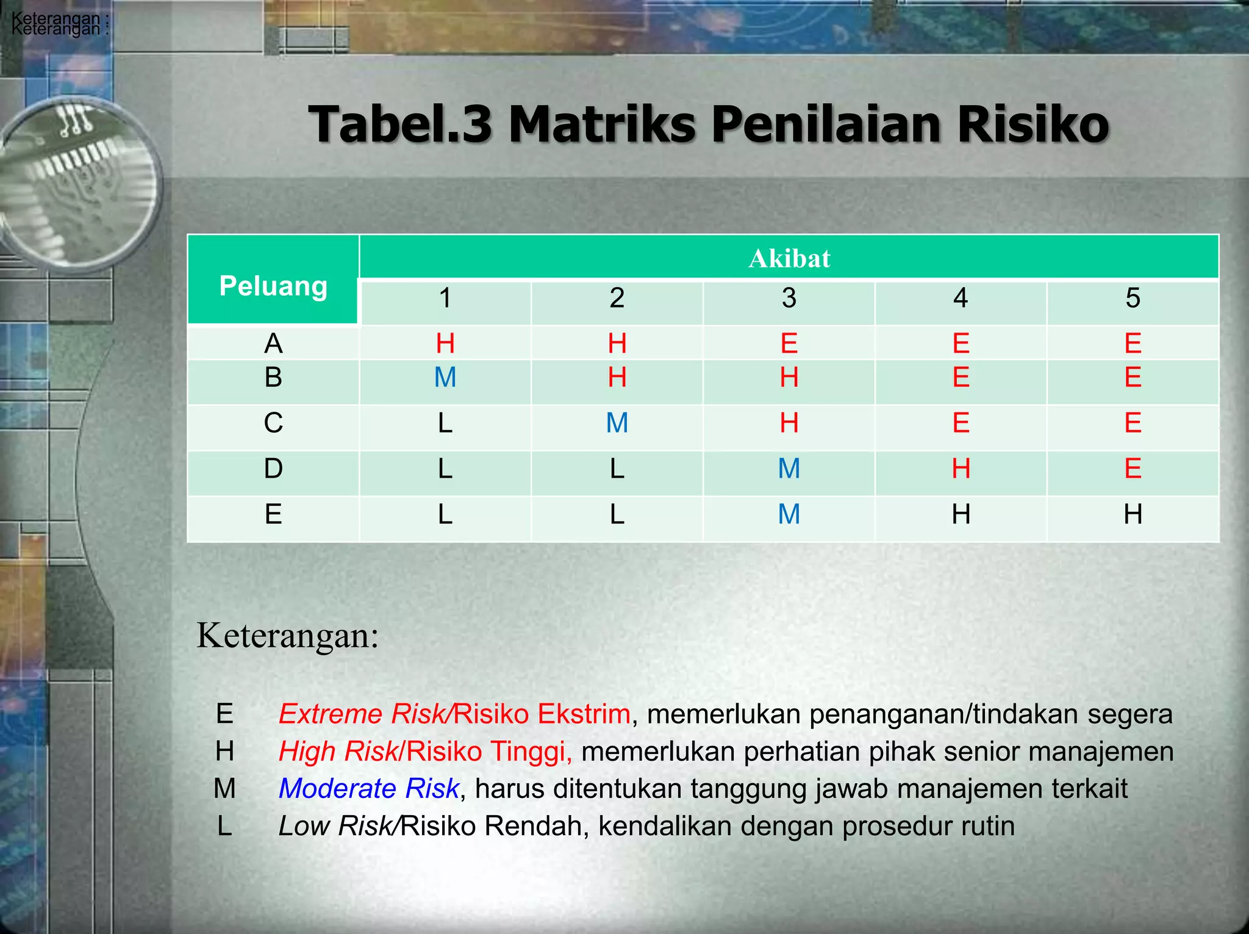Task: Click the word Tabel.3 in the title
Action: [399, 124]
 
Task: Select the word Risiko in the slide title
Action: [1032, 124]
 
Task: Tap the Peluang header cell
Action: [273, 286]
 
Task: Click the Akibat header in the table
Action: [789, 258]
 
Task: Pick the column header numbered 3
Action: [789, 298]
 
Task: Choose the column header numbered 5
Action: [1133, 298]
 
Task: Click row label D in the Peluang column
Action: [273, 469]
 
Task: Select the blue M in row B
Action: [445, 378]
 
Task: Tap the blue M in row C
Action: [617, 423]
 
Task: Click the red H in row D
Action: [961, 469]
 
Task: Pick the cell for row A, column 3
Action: [789, 343]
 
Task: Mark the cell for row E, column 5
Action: [1133, 514]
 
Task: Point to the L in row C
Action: [445, 423]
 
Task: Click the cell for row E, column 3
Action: [789, 514]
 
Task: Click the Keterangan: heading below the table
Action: [288, 636]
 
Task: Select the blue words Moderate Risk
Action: [368, 788]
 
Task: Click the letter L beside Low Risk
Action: [224, 826]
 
